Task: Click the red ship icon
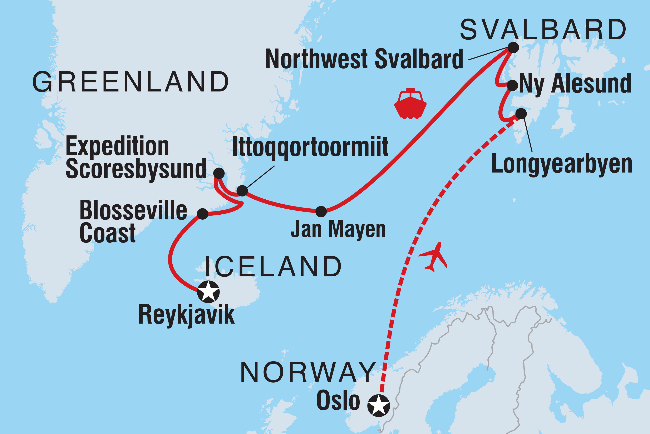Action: [410, 104]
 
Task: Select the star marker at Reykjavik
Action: [208, 291]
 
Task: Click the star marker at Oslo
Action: [379, 405]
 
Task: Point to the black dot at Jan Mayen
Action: [321, 212]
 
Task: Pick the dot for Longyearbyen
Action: [521, 114]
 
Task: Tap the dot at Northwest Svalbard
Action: [513, 48]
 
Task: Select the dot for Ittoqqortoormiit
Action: [242, 191]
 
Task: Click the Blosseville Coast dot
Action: [202, 214]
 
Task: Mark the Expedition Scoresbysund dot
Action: [219, 173]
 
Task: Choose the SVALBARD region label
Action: [543, 30]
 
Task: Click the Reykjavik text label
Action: [186, 315]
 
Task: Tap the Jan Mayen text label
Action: [338, 229]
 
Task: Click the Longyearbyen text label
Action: [562, 164]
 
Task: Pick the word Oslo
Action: [338, 400]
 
